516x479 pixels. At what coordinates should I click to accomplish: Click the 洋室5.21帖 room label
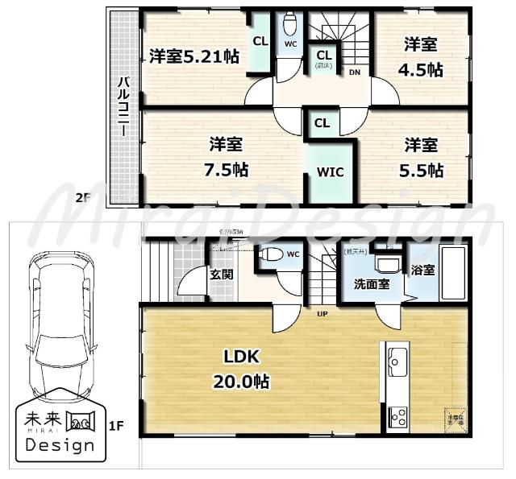coord(194,57)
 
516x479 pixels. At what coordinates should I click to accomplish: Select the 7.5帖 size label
coord(227,171)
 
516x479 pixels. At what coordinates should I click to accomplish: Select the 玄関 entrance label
coord(222,275)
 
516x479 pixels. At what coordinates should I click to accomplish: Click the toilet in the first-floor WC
coord(272,254)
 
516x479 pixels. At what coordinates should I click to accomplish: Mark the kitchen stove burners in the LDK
coord(397,416)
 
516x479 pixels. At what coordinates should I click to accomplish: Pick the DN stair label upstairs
coord(355,72)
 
